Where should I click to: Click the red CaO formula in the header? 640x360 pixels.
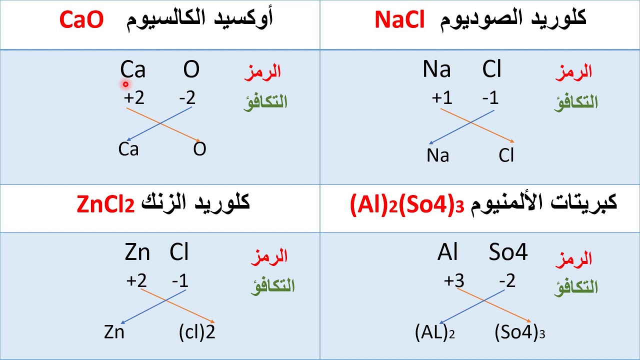point(81,20)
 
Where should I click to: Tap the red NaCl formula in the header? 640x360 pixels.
point(399,20)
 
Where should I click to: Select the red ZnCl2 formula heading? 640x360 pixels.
point(106,204)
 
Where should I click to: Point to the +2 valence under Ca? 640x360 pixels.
point(134,98)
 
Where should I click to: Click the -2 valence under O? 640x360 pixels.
point(187,98)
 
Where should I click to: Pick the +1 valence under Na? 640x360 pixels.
point(442,98)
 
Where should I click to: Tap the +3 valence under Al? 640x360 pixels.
point(454,281)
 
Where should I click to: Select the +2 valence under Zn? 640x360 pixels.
point(136,281)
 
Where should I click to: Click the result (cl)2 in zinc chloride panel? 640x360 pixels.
point(197,332)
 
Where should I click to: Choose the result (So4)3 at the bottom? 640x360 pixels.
point(519,333)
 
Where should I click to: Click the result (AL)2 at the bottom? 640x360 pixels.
point(435,333)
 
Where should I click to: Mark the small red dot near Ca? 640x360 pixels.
point(125,84)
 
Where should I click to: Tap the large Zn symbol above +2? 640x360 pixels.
point(137,253)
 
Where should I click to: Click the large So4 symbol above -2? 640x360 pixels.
point(508,253)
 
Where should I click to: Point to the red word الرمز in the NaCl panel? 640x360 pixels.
point(574,71)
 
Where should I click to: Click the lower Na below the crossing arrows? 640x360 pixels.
point(438,156)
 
